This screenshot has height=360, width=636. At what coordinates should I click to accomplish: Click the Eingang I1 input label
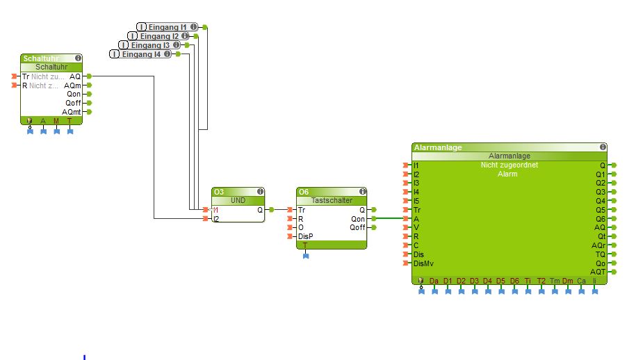click(166, 27)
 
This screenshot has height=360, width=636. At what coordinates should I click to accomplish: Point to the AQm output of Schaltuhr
click(75, 85)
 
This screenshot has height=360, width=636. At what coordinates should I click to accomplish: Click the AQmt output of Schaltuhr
click(73, 111)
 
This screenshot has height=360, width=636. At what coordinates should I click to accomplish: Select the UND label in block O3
click(238, 200)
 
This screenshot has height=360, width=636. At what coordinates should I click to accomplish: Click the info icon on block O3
click(260, 191)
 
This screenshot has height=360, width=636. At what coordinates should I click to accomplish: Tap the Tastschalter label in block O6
click(331, 200)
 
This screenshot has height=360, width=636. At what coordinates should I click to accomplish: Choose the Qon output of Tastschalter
click(359, 218)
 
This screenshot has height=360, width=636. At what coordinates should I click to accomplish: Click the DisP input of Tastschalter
click(305, 236)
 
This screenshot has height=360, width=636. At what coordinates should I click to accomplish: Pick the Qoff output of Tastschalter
click(358, 227)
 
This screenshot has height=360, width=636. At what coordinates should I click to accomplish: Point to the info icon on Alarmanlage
click(602, 147)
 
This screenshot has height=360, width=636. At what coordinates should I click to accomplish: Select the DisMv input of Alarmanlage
click(423, 263)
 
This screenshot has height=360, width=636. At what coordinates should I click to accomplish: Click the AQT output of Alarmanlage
click(598, 272)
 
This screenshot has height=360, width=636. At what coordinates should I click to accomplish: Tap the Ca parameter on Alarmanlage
click(581, 281)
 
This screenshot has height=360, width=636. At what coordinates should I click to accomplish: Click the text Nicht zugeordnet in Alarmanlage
click(509, 165)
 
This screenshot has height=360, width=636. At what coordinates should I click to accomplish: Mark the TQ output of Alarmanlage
click(600, 254)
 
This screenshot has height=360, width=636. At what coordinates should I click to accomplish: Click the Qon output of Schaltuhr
click(74, 94)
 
